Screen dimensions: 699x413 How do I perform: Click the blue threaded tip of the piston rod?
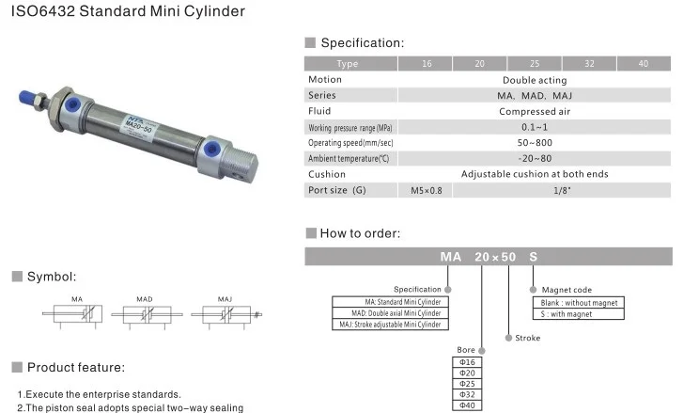(26, 99)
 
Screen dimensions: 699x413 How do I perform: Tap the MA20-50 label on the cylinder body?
(139, 126)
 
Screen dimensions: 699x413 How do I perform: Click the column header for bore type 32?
(589, 63)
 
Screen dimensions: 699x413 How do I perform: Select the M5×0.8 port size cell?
(427, 190)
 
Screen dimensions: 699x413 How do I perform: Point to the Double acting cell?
(535, 80)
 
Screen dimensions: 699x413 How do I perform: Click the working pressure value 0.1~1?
(535, 127)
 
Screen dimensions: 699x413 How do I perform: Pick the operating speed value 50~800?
(535, 143)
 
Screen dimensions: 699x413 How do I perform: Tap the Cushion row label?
(327, 174)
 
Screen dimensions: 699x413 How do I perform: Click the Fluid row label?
(319, 111)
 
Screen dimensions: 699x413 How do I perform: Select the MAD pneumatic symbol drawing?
(147, 314)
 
